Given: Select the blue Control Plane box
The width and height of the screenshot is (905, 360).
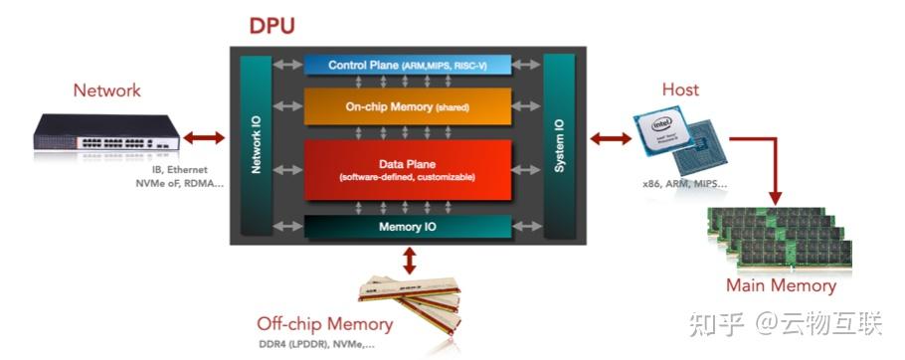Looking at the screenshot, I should pyautogui.click(x=408, y=65).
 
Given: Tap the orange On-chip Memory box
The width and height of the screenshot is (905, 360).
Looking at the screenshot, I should pyautogui.click(x=408, y=106).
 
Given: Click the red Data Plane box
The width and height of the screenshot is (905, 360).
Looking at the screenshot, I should pyautogui.click(x=408, y=170).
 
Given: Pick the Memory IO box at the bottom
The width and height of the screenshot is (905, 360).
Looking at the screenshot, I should pyautogui.click(x=408, y=227).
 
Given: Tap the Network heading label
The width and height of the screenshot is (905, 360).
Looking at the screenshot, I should pyautogui.click(x=106, y=90).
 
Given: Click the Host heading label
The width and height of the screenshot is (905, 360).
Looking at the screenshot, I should pyautogui.click(x=680, y=90).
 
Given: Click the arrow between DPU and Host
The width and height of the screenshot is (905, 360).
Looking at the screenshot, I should pyautogui.click(x=610, y=137).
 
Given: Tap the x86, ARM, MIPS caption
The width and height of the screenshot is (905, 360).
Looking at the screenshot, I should pyautogui.click(x=685, y=184).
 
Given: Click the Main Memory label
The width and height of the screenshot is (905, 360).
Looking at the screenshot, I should pyautogui.click(x=781, y=285).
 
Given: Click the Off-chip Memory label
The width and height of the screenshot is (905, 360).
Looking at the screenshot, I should pyautogui.click(x=324, y=324).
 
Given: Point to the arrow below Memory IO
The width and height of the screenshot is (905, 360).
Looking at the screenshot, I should pyautogui.click(x=409, y=261).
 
